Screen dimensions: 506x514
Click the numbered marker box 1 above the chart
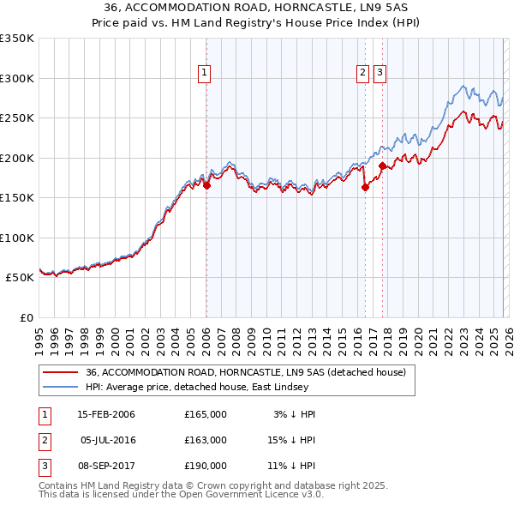tap(206, 74)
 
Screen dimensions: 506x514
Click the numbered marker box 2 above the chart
tap(363, 74)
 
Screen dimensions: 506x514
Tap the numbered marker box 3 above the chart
tap(380, 74)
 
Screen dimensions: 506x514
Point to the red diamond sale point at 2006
tap(206, 185)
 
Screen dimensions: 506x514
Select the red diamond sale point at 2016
tap(365, 187)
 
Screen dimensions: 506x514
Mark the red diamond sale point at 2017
tap(382, 166)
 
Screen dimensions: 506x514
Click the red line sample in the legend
tap(60, 372)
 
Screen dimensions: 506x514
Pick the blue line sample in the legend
tap(60, 386)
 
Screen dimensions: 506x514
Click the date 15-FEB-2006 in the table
tap(106, 414)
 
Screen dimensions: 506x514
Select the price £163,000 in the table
tap(206, 440)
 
